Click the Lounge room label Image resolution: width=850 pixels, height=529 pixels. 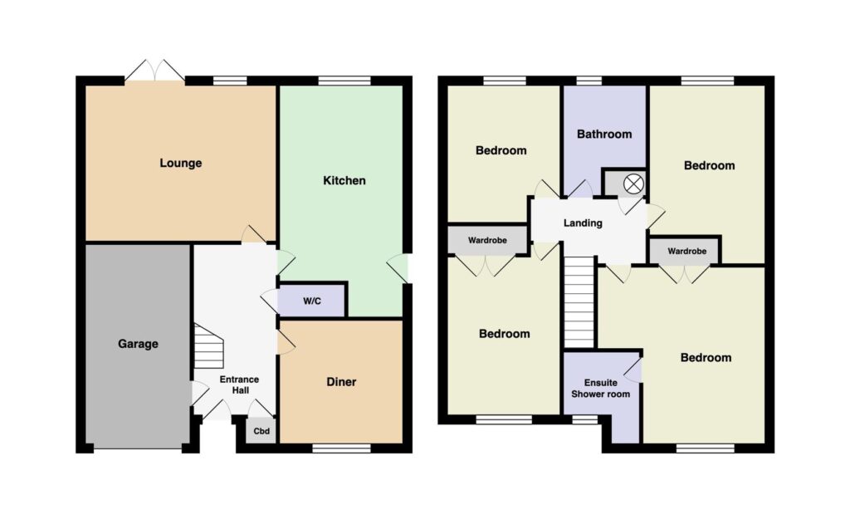pyautogui.click(x=180, y=163)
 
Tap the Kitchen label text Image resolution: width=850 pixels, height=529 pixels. pyautogui.click(x=344, y=180)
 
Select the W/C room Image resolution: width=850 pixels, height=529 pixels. pyautogui.click(x=312, y=300)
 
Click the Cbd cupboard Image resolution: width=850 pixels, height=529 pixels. pyautogui.click(x=261, y=431)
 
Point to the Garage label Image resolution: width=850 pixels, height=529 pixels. pyautogui.click(x=139, y=344)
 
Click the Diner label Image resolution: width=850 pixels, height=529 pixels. pyautogui.click(x=341, y=382)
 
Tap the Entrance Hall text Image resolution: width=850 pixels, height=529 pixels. pyautogui.click(x=240, y=385)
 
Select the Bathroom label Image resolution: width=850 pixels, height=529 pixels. pyautogui.click(x=604, y=134)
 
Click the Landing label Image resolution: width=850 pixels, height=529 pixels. pyautogui.click(x=583, y=223)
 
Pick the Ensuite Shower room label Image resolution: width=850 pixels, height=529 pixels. pyautogui.click(x=601, y=389)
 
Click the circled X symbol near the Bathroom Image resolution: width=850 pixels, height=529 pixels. pyautogui.click(x=633, y=184)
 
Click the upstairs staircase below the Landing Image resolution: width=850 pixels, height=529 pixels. pyautogui.click(x=579, y=301)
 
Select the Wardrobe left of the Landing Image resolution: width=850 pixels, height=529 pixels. pyautogui.click(x=487, y=240)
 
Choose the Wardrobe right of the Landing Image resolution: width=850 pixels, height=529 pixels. pyautogui.click(x=686, y=251)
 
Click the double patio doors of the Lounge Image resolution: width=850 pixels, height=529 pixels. pyautogui.click(x=154, y=71)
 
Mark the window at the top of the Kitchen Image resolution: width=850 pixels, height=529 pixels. pyautogui.click(x=344, y=81)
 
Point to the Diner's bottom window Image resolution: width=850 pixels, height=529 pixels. pyautogui.click(x=341, y=448)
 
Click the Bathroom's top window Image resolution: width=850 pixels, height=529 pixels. pyautogui.click(x=589, y=81)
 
